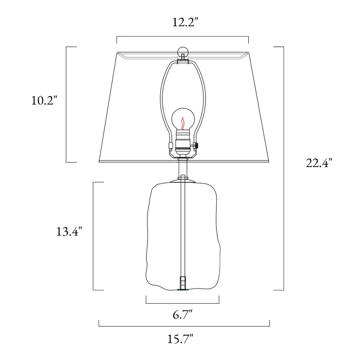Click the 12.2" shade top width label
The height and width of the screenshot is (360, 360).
185,22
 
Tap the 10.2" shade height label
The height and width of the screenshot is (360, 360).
44,101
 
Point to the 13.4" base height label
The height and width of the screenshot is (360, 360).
69,231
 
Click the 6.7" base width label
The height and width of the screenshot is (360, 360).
182,314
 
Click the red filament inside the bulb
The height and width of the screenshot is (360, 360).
183,123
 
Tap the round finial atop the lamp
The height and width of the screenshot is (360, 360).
183,52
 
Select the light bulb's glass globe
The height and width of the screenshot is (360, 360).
183,120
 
